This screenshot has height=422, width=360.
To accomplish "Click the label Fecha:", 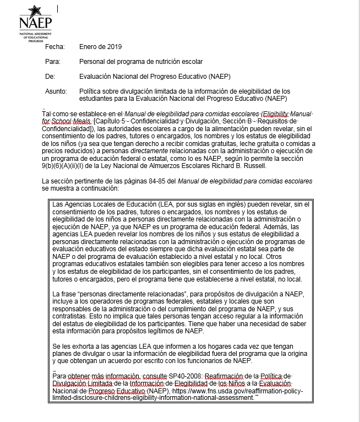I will pyautogui.click(x=55, y=47).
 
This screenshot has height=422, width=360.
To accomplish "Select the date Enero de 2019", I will pyautogui.click(x=101, y=47).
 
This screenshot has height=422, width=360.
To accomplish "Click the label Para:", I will pyautogui.click(x=53, y=62).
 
